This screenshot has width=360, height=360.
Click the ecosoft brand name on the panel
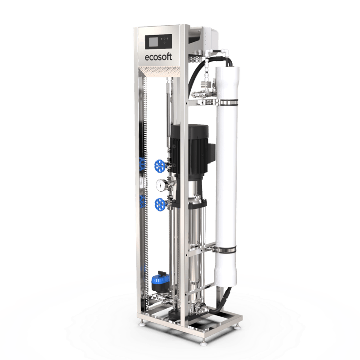158,57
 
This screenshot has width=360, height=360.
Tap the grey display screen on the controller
153,42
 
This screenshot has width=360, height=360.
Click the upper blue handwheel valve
160,166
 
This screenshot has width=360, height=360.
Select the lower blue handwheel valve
160,204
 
